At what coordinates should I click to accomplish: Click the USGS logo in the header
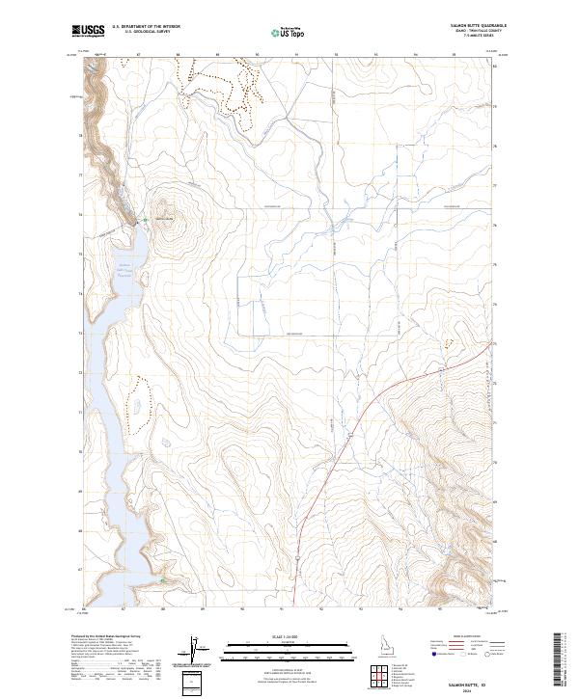pos(88,32)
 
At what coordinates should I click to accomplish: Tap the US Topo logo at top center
pos(276,32)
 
